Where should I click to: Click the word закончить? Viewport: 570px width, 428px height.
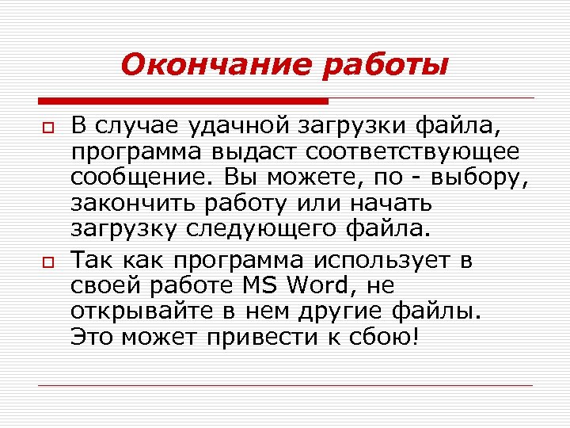coord(131,204)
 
